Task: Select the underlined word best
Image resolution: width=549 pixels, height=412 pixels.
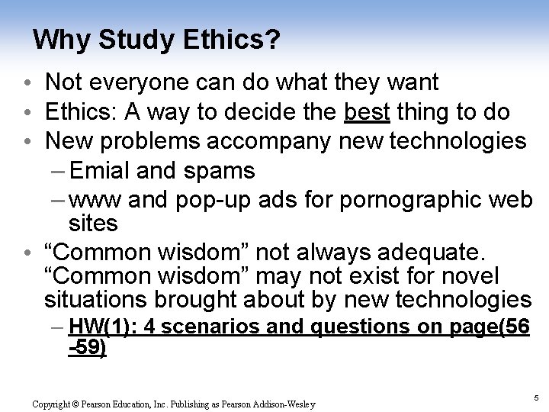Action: [x=368, y=113]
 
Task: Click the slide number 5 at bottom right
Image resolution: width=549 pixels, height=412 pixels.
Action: [x=537, y=397]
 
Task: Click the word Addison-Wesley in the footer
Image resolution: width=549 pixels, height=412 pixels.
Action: [x=285, y=403]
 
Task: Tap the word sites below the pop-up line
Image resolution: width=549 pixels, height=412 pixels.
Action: [x=93, y=224]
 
